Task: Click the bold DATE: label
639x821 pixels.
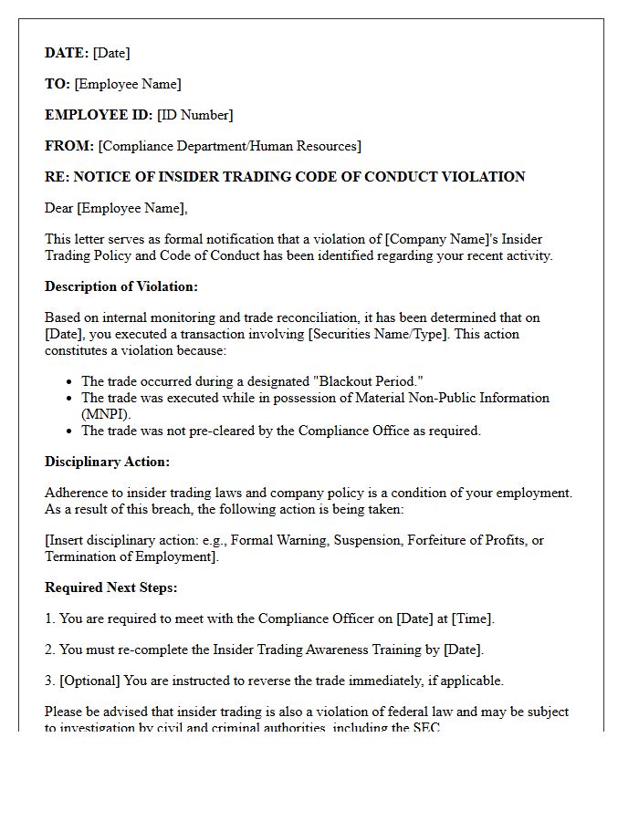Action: tap(67, 53)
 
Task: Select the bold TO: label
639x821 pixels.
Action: tap(58, 84)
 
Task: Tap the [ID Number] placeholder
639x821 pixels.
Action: tap(194, 115)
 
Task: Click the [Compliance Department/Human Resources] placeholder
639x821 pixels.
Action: tap(229, 146)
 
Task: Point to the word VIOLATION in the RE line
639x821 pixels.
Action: tap(483, 177)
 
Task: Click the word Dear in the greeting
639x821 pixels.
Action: tap(59, 208)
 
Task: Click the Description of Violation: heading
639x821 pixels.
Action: tap(121, 286)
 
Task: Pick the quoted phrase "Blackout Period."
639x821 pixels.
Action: tap(370, 381)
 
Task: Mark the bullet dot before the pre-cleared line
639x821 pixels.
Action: tap(70, 431)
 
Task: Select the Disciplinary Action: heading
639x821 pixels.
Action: tap(107, 462)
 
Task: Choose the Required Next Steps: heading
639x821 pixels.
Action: tap(111, 587)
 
